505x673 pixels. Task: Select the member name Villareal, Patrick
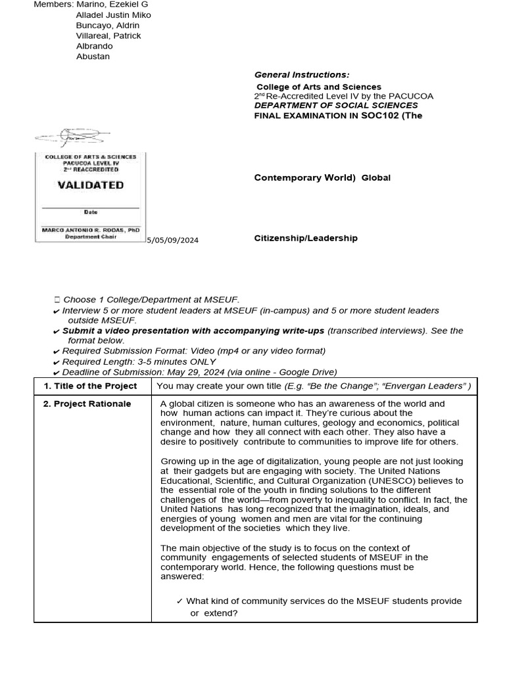(108, 35)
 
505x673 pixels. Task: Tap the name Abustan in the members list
(93, 57)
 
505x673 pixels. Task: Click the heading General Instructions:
(302, 75)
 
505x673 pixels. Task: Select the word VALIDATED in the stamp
(90, 185)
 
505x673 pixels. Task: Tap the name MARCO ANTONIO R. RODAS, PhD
(90, 230)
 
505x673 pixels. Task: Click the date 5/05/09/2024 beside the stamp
(172, 241)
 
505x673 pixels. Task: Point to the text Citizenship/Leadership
(306, 238)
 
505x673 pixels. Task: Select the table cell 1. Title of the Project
(90, 386)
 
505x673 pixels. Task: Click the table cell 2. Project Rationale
(87, 404)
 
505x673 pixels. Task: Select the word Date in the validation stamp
(90, 212)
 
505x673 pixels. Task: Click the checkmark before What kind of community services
(180, 601)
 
